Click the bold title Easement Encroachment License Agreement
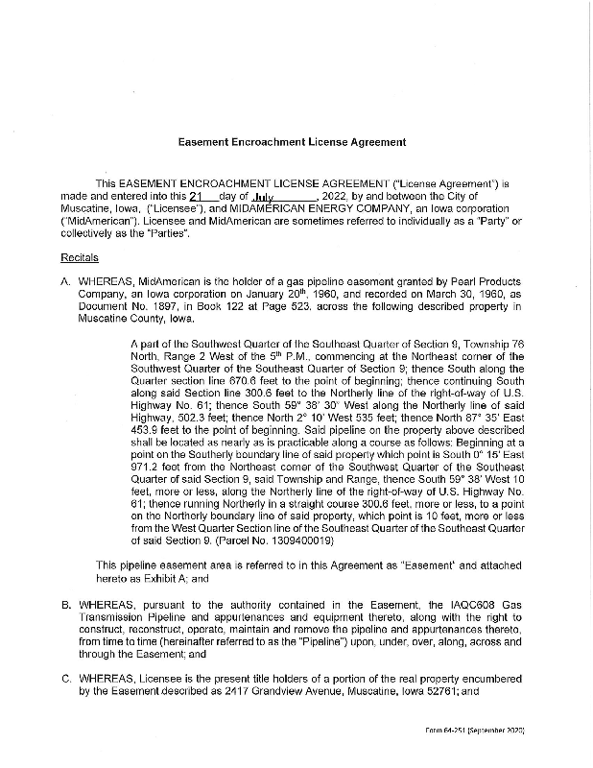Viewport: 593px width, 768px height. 292,141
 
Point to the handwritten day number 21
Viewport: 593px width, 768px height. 198,196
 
